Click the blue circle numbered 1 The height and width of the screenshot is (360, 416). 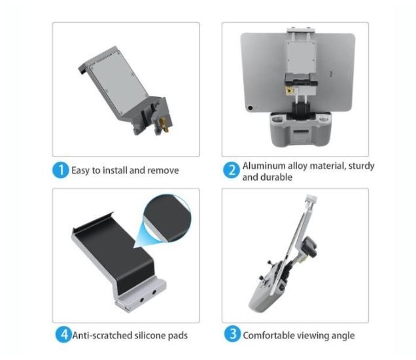point(60,170)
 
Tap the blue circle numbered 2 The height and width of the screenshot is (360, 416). point(232,170)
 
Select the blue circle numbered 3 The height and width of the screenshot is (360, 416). point(232,334)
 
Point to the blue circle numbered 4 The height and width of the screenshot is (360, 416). point(63,334)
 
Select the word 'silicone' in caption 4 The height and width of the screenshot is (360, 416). point(150,335)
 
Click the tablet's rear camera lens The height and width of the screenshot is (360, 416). point(250,108)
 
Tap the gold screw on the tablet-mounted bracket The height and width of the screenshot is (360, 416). point(289,91)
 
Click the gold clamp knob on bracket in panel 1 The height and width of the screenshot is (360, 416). point(164,124)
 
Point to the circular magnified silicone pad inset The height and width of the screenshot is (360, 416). point(167,218)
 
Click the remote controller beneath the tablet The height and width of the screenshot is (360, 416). point(301,128)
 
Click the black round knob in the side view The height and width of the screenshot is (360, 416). point(310,247)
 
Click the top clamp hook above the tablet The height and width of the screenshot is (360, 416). point(301,29)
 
